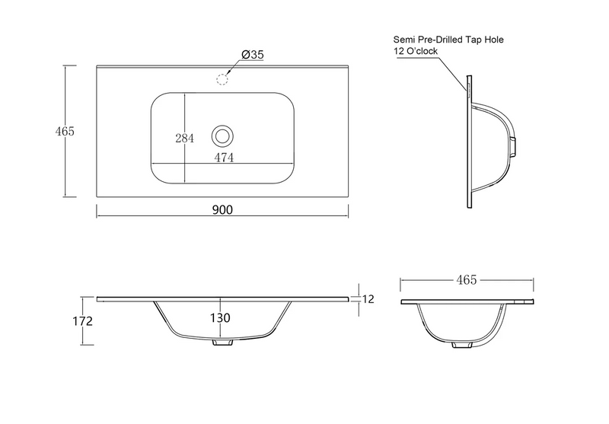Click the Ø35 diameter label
[253, 55]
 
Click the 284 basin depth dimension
[184, 138]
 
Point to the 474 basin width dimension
[224, 158]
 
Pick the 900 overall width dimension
[222, 209]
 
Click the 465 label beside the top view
[65, 131]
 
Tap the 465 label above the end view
[467, 279]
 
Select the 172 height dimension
[83, 321]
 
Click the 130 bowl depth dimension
[220, 318]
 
